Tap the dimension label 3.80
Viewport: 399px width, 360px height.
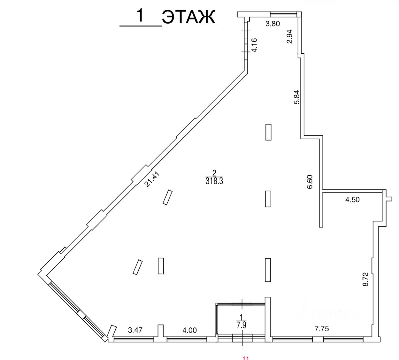coord(272,24)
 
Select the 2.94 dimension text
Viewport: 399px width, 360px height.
coord(290,36)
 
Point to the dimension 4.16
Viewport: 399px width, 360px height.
coord(254,45)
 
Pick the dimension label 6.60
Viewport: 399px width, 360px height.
coord(310,182)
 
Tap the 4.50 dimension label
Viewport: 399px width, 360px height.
coord(352,200)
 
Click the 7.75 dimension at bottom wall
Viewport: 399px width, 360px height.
coord(322,329)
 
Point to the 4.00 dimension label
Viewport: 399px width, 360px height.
coord(189,330)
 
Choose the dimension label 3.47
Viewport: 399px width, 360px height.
coord(135,330)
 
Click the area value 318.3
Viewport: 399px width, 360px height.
coord(214,181)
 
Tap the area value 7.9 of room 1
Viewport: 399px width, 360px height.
coord(241,326)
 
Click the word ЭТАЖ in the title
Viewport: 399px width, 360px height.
coord(189,17)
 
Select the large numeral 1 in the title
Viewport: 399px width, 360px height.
coord(141,16)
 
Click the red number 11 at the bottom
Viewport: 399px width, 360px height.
coord(245,358)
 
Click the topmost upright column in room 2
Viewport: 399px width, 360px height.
coord(268,132)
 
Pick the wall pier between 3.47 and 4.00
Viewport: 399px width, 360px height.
coord(160,331)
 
